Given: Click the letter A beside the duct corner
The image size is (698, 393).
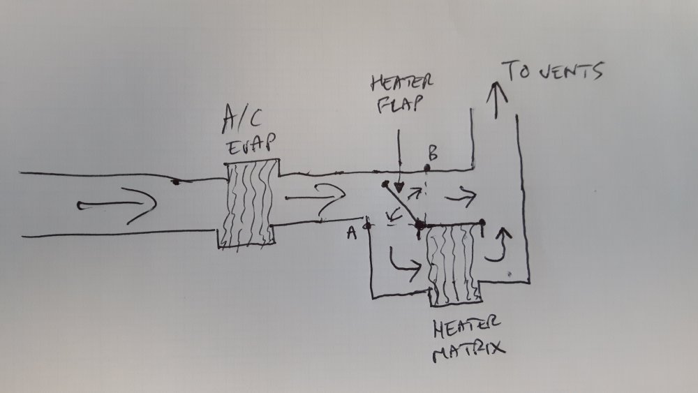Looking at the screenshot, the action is click(x=352, y=232).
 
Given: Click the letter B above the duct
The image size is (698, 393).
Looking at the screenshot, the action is click(x=433, y=153).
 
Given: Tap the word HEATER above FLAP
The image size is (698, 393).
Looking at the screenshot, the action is click(x=402, y=83).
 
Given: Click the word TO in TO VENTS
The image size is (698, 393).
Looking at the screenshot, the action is click(x=517, y=71).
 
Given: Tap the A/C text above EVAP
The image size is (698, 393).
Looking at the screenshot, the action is click(x=242, y=119).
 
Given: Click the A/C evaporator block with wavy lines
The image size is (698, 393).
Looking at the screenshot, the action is click(x=248, y=203).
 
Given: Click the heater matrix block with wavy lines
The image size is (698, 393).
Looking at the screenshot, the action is click(x=454, y=263).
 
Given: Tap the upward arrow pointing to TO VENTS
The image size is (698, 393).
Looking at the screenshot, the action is click(x=497, y=100).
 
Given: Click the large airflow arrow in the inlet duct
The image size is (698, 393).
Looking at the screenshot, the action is click(x=117, y=205).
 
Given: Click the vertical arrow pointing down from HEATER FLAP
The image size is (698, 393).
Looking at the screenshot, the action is click(x=399, y=161).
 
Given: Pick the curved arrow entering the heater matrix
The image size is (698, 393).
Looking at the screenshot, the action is click(x=404, y=265).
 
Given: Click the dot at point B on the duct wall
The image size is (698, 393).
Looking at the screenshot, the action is click(x=427, y=168).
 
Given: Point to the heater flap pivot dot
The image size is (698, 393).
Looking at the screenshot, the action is click(x=419, y=225).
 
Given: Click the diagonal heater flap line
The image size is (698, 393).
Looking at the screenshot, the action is click(x=402, y=205).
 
